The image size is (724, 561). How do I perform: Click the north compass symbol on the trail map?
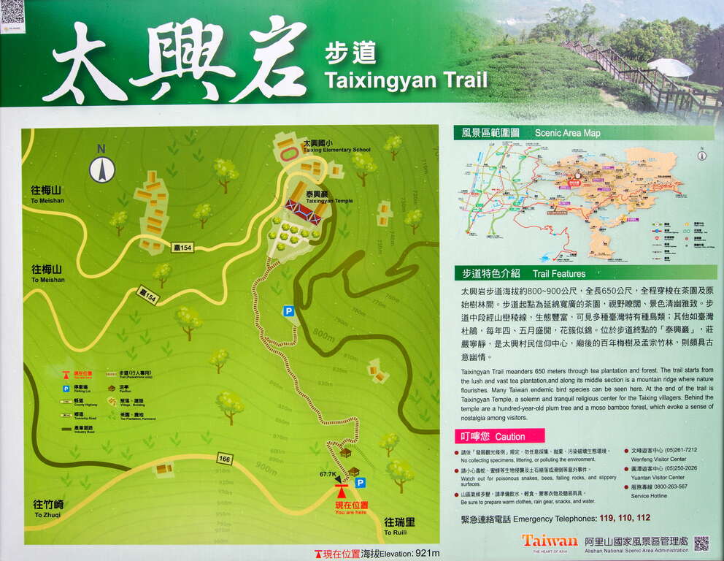pyautogui.click(x=102, y=169)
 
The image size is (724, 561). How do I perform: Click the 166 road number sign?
pyautogui.click(x=226, y=459)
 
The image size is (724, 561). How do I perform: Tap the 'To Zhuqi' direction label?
pyautogui.click(x=48, y=509)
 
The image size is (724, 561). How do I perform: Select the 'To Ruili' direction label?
pyautogui.click(x=400, y=526)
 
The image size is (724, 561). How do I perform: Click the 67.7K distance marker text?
pyautogui.click(x=328, y=475)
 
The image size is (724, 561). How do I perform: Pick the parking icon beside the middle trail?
pyautogui.click(x=289, y=311)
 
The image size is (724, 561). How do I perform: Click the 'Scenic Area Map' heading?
pyautogui.click(x=567, y=133)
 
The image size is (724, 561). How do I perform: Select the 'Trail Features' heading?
pyautogui.click(x=558, y=274)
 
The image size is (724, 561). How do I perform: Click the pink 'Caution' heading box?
pyautogui.click(x=498, y=436)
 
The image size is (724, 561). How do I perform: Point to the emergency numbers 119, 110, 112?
pyautogui.click(x=624, y=518)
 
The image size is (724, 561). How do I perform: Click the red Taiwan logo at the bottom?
pyautogui.click(x=549, y=541)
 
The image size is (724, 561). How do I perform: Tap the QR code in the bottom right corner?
pyautogui.click(x=701, y=543)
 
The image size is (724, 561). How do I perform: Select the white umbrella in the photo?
pyautogui.click(x=670, y=67)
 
